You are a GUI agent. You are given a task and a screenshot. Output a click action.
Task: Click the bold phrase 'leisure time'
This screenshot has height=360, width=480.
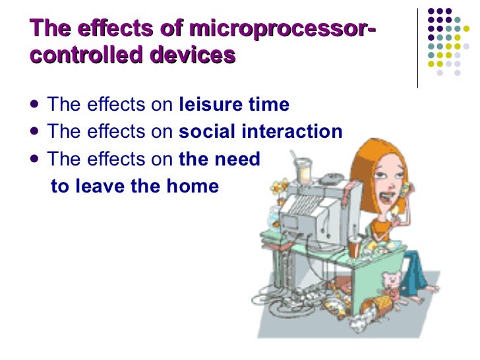pos(234,105)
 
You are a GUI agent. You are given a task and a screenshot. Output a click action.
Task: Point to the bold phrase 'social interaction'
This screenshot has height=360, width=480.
pos(260,131)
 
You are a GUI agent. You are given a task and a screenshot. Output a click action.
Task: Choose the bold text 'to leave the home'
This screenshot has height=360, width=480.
pos(135,185)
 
